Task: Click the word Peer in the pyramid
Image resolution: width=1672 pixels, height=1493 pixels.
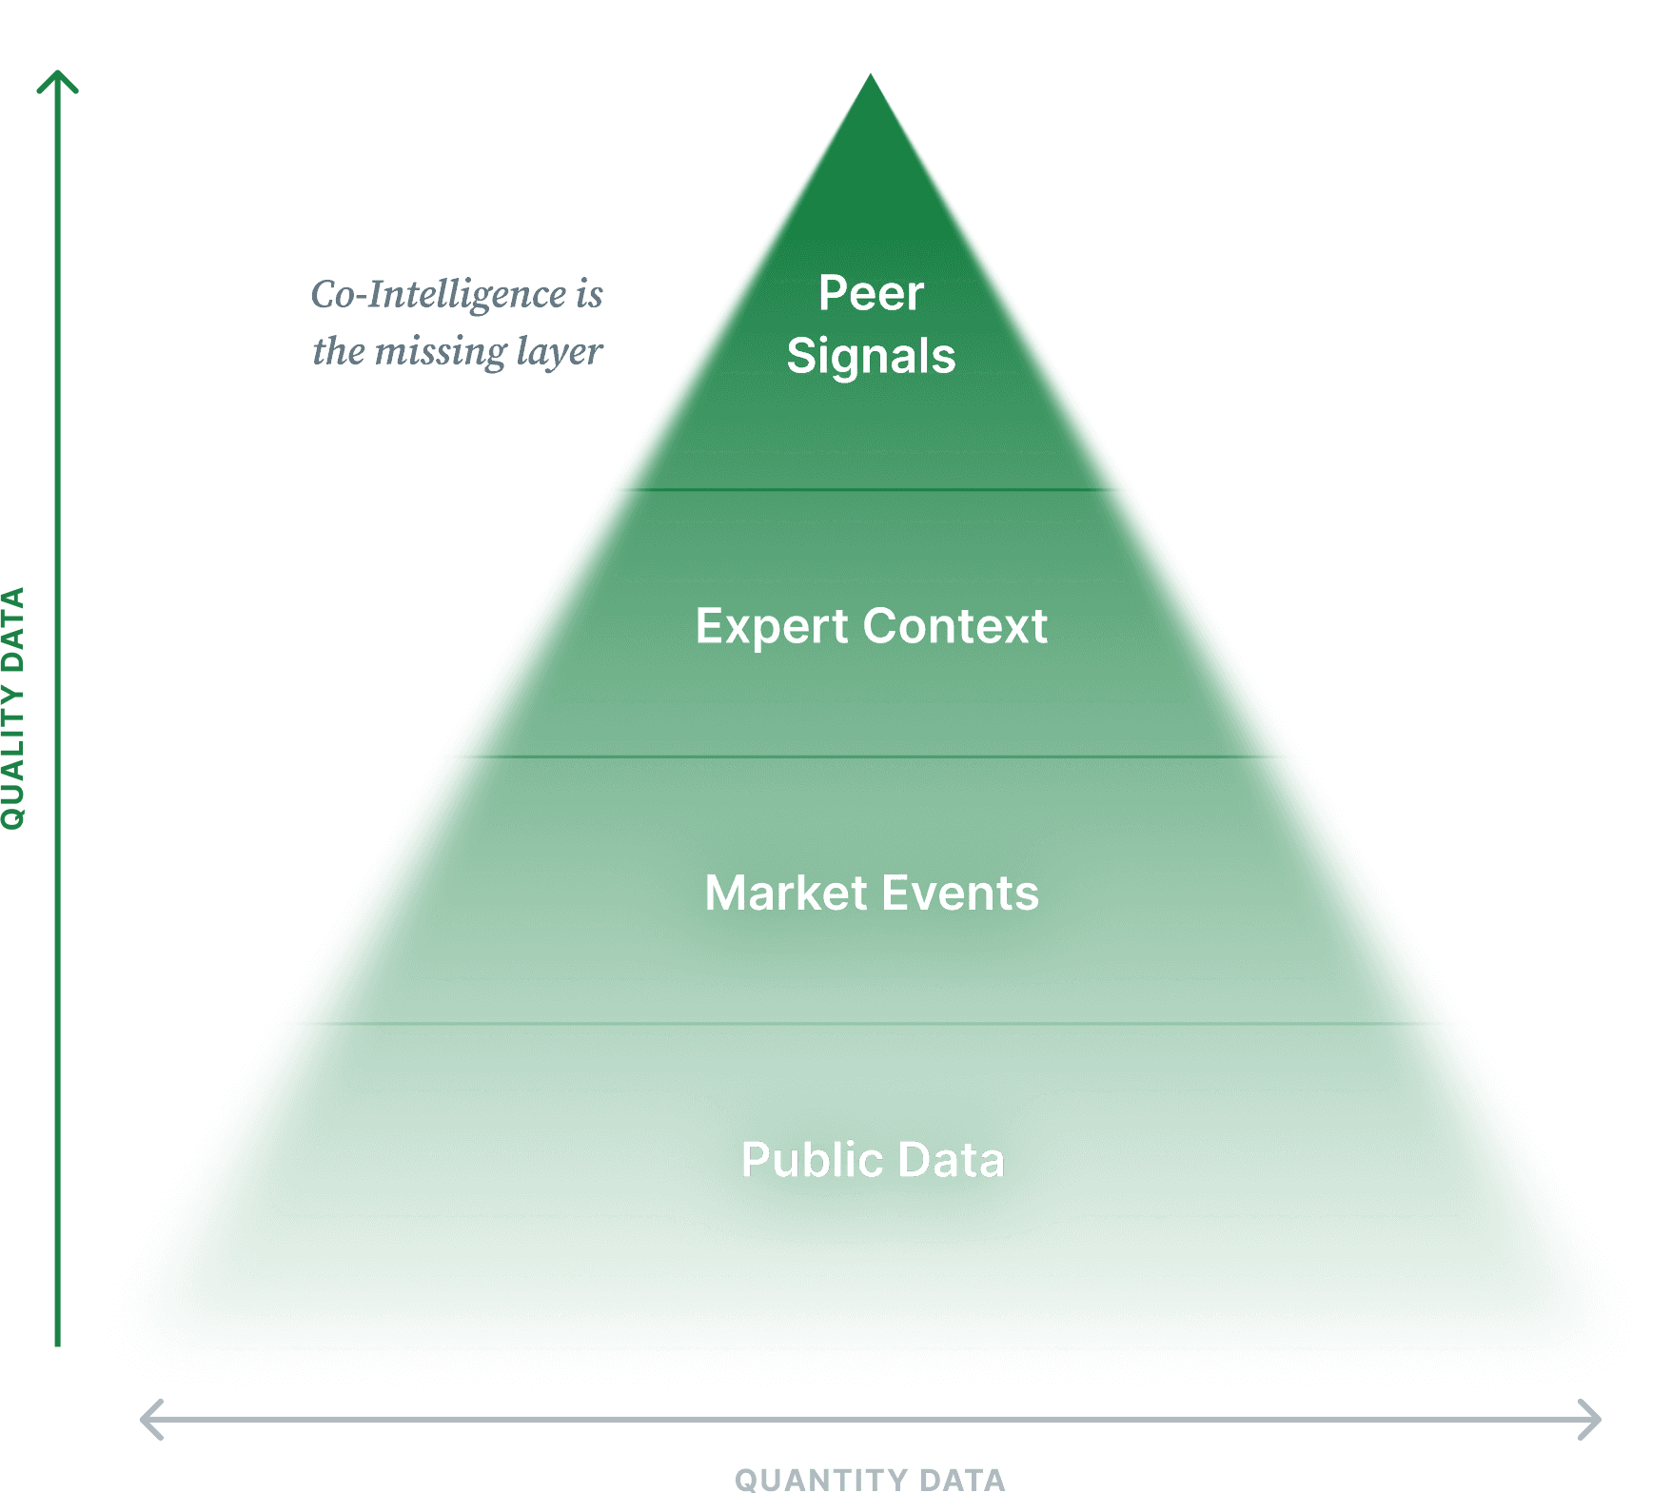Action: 870,293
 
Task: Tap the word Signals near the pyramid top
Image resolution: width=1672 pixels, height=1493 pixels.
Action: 870,357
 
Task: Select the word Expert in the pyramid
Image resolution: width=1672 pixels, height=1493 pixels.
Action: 771,627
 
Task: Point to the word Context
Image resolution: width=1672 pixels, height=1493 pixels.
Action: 954,627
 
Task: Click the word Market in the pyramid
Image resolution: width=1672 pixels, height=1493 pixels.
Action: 785,894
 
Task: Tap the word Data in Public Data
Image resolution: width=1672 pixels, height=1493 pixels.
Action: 951,1160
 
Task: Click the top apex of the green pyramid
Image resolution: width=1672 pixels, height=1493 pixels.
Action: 870,78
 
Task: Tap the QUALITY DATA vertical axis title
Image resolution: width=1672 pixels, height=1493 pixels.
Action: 12,709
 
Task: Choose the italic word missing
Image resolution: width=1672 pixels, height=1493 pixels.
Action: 441,351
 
